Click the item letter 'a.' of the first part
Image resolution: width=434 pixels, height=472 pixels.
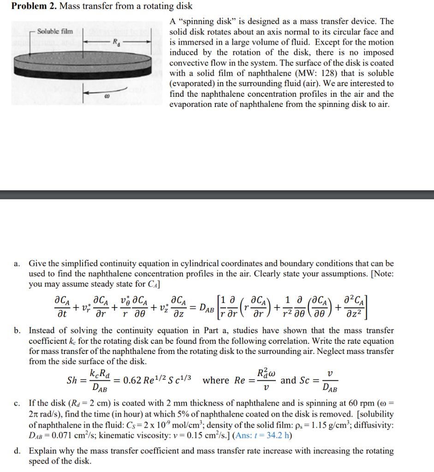point(18,264)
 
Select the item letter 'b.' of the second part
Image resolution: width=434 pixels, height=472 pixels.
point(18,331)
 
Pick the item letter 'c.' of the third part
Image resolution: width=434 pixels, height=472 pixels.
point(18,402)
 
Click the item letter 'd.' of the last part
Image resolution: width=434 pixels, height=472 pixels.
point(18,451)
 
